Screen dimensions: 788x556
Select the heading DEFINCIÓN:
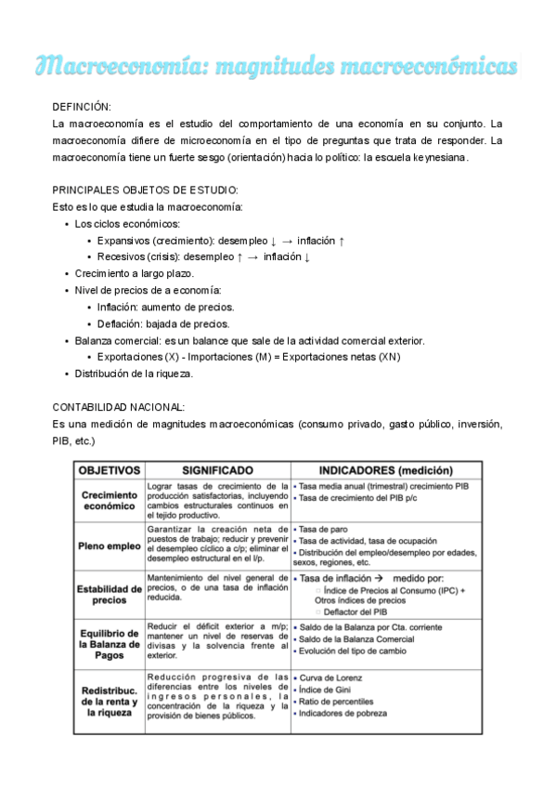[x=84, y=108]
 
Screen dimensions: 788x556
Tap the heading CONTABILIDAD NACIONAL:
[x=119, y=407]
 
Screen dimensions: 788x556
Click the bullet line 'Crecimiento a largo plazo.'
[x=135, y=273]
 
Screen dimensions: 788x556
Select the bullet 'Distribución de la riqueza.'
[x=135, y=373]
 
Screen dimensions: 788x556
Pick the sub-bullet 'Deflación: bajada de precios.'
[x=163, y=323]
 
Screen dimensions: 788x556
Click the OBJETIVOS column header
[x=110, y=470]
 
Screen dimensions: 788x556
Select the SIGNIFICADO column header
[x=217, y=470]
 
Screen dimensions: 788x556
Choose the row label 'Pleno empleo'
[x=110, y=546]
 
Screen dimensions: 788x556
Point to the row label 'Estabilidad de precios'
[x=110, y=594]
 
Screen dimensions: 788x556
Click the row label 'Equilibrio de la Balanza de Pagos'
[x=110, y=642]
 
